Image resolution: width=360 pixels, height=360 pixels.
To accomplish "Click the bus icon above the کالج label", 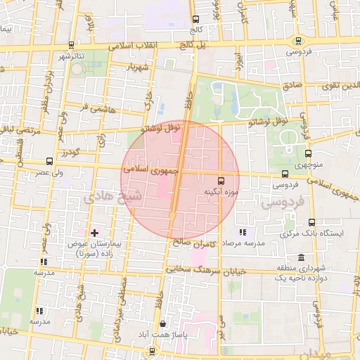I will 195,20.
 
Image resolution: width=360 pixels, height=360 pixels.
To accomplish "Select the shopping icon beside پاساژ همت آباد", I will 163,324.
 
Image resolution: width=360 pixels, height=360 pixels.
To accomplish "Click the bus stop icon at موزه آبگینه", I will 221,180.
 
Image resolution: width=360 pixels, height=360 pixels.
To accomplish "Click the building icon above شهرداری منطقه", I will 302,257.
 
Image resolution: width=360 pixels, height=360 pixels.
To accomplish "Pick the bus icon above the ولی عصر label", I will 49,162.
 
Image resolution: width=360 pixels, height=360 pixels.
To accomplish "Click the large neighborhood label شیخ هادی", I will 112,197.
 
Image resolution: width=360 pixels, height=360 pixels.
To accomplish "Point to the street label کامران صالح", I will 191,243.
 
